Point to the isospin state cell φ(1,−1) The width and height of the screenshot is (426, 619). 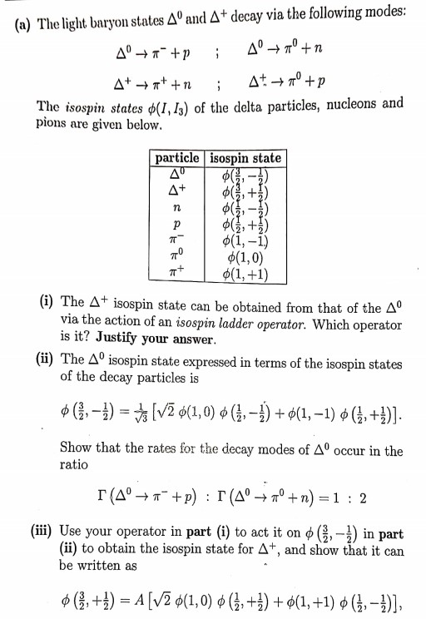[244, 242]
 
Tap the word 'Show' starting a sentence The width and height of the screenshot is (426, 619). [77, 449]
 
